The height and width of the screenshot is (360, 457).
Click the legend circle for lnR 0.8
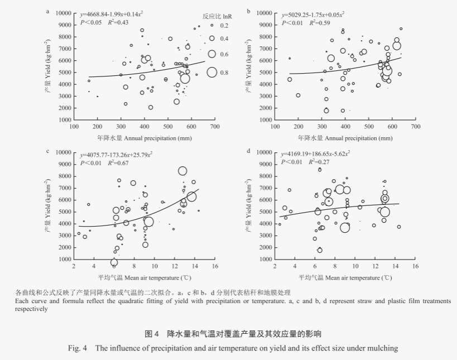coord(212,72)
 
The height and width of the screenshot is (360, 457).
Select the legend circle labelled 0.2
coord(212,26)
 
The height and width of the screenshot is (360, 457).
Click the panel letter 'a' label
coord(48,11)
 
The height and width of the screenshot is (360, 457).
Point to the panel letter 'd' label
coord(248,151)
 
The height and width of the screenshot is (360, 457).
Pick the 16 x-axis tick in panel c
coord(214,267)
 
